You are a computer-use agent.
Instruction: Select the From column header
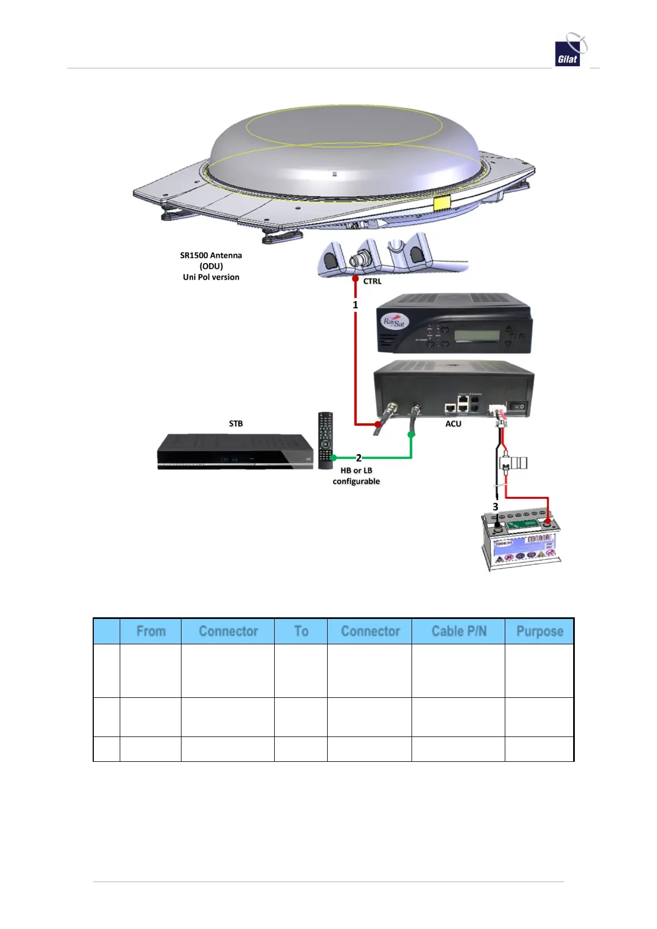tap(151, 631)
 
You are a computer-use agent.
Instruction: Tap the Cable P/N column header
tap(458, 631)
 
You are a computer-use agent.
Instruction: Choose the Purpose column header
tap(539, 631)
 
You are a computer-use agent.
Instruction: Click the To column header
tap(301, 631)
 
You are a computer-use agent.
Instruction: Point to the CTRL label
tap(372, 281)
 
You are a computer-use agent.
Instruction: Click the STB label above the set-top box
tap(236, 424)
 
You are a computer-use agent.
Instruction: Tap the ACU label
tap(453, 424)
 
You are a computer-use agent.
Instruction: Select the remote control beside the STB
tap(325, 440)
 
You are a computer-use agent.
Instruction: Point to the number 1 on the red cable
tap(355, 305)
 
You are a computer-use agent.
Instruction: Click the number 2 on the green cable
tap(359, 458)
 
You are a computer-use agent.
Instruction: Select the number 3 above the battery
tap(495, 506)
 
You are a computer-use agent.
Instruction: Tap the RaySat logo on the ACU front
tap(394, 321)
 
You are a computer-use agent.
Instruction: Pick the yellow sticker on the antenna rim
tap(441, 203)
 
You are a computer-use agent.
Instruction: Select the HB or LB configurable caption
tap(356, 476)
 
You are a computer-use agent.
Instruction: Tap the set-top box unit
tap(234, 452)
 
